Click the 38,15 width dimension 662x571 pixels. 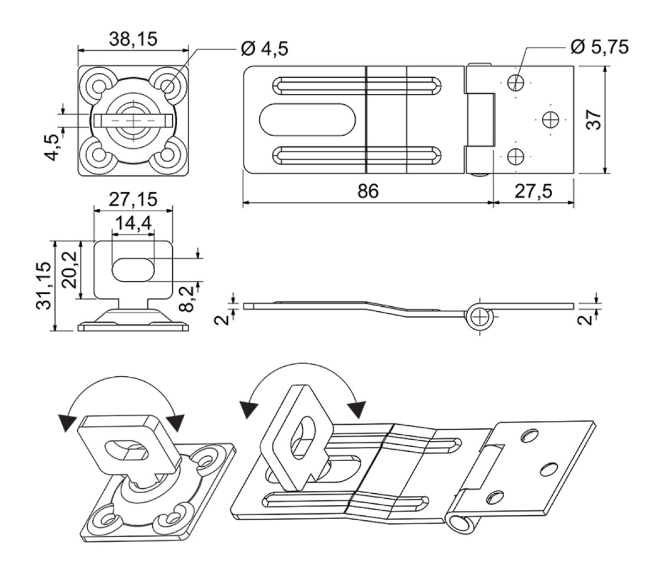click(x=134, y=39)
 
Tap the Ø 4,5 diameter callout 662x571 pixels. click(x=265, y=49)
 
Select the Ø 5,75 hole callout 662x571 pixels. click(x=600, y=47)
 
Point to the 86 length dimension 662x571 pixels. click(x=368, y=191)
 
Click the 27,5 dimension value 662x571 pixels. click(x=533, y=191)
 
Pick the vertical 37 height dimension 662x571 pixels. click(x=594, y=120)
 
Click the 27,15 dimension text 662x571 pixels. click(x=134, y=199)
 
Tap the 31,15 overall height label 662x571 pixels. click(x=44, y=286)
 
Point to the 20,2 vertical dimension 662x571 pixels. click(x=70, y=270)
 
